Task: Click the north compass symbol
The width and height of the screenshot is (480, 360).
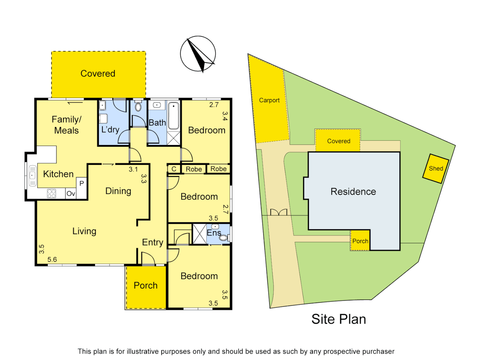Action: [x=198, y=54]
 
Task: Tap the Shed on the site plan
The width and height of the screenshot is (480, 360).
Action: [x=436, y=168]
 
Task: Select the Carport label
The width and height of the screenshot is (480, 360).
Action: [x=269, y=100]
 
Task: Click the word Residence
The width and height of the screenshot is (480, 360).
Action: [x=353, y=192]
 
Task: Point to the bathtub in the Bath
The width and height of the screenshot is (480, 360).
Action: [x=173, y=116]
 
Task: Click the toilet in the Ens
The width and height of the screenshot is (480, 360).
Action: [x=224, y=237]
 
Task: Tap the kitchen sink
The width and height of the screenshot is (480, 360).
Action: [x=32, y=175]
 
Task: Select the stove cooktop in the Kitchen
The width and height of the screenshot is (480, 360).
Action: [x=51, y=194]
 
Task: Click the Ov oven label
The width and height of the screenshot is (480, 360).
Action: [x=71, y=194]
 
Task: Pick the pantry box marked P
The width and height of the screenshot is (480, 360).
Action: [x=82, y=184]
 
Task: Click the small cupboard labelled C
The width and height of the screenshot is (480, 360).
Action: [x=174, y=169]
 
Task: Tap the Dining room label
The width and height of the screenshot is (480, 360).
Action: [x=118, y=191]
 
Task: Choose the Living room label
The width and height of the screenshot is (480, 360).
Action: [x=84, y=231]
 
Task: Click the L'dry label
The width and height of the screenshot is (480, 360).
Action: [x=110, y=129]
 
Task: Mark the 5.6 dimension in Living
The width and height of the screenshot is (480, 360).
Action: [x=52, y=259]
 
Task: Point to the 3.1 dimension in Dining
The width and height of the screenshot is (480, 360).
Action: [x=133, y=169]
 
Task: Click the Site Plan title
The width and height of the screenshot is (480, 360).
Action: [x=338, y=319]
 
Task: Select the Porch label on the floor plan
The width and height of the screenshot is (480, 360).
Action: [x=145, y=285]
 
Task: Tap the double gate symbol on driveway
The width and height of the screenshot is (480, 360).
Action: [x=278, y=212]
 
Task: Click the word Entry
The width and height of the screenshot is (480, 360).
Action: [x=152, y=242]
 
